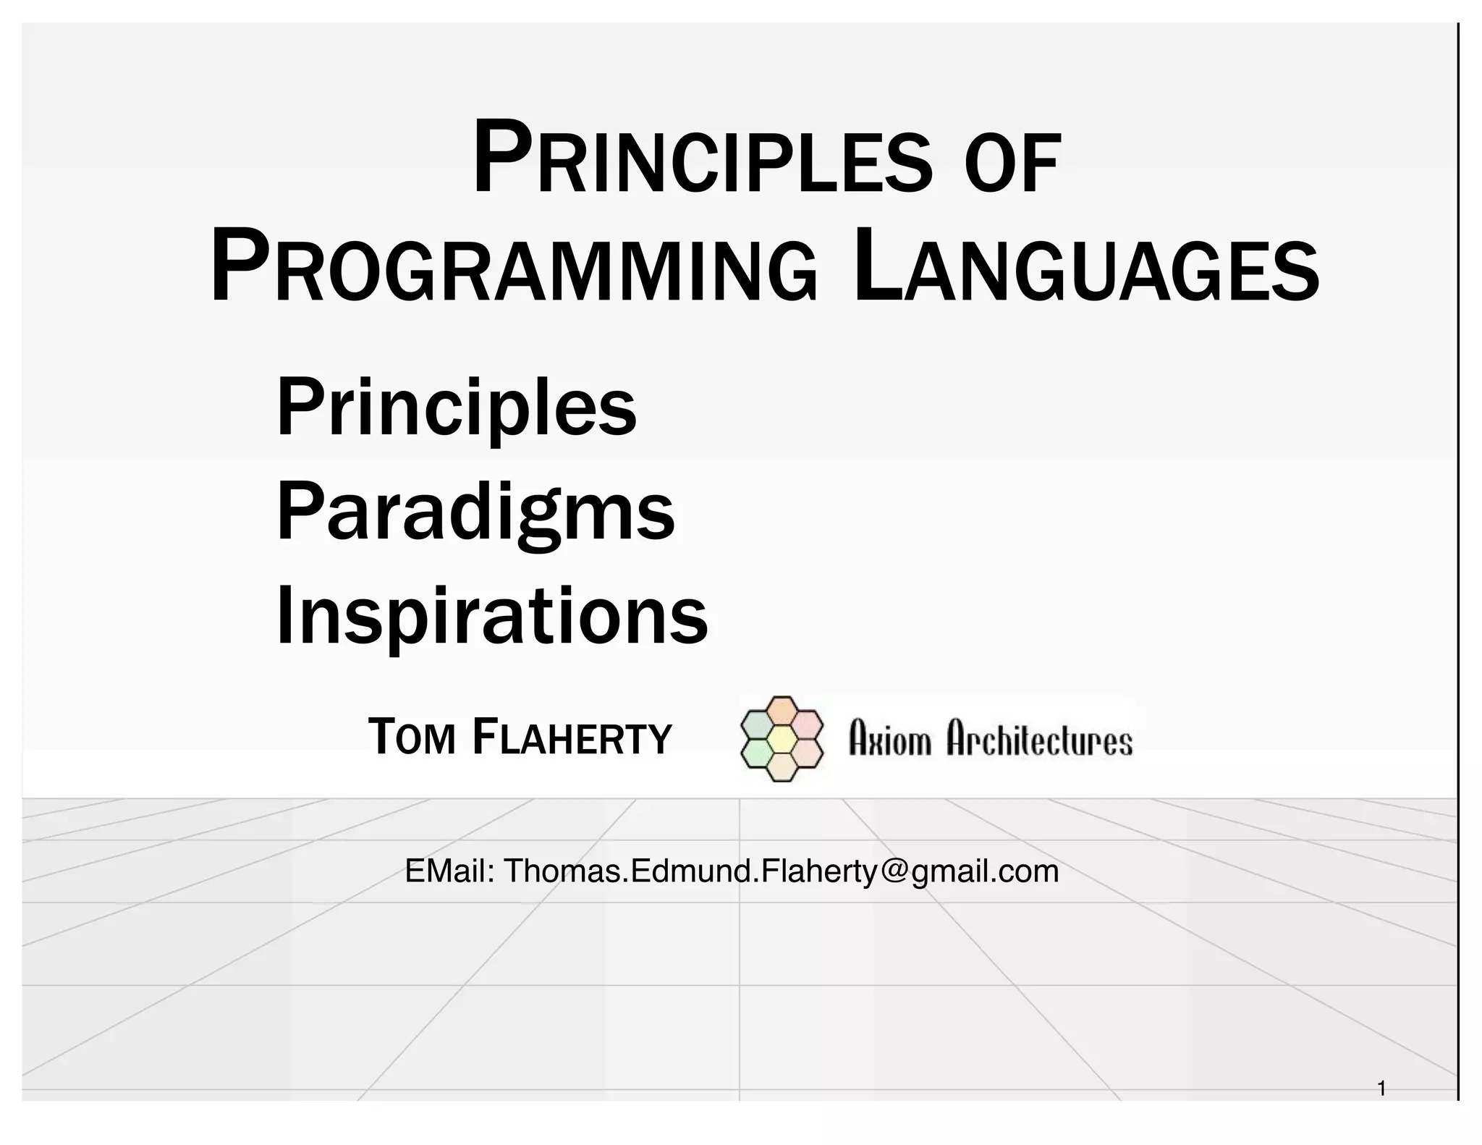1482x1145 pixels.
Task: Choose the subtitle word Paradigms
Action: [475, 512]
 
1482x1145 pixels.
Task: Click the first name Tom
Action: [411, 737]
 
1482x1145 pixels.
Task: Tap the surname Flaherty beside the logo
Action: [572, 737]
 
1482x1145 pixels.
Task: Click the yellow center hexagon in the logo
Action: [782, 739]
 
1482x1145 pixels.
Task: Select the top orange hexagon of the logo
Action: [782, 711]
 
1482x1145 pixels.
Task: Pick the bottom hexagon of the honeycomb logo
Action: [782, 767]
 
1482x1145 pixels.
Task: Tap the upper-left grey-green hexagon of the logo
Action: [757, 724]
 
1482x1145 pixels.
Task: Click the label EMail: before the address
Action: [449, 871]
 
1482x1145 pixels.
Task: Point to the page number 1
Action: [1381, 1088]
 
